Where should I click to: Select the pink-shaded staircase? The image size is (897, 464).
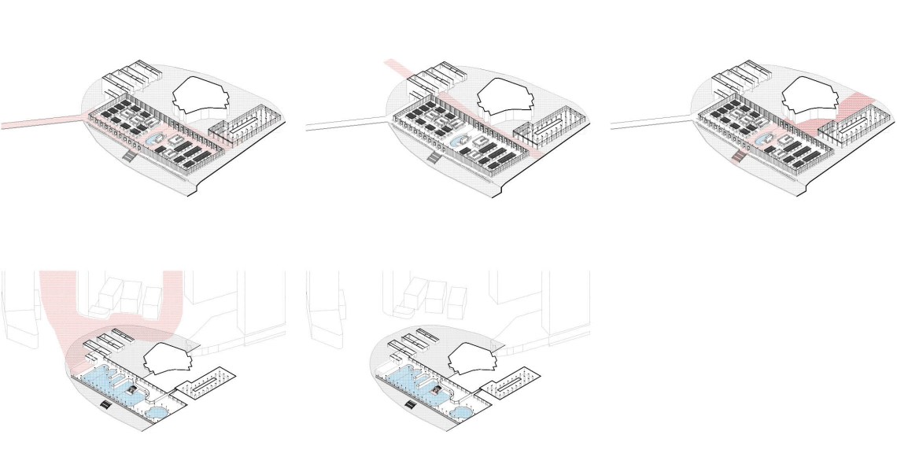[737, 158]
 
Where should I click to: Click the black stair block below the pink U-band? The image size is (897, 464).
[105, 405]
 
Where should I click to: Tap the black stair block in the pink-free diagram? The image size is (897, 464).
[410, 405]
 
